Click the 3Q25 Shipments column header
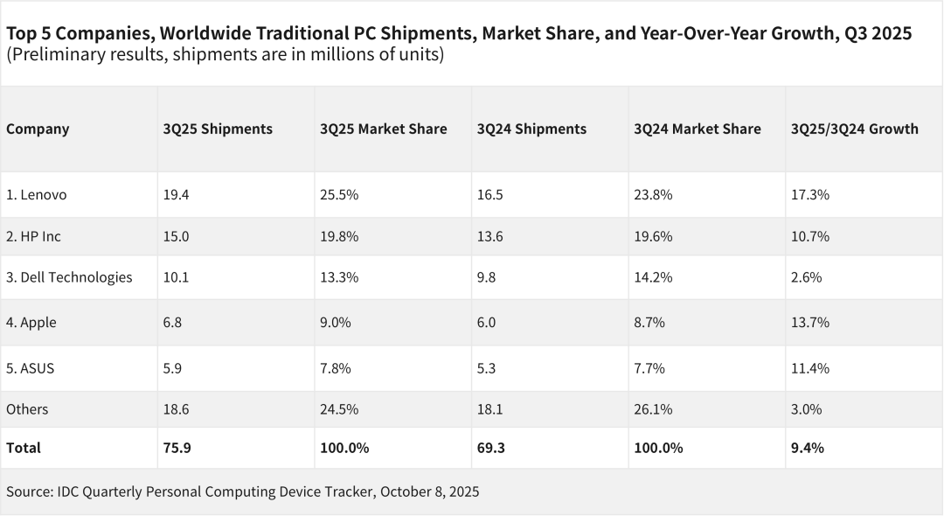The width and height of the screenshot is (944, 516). (218, 129)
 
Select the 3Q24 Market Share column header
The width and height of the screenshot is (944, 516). (697, 129)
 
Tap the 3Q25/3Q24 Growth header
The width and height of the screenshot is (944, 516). (854, 129)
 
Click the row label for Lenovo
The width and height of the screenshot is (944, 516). (37, 195)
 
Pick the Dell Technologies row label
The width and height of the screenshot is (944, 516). (69, 277)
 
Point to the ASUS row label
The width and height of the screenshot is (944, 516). (31, 368)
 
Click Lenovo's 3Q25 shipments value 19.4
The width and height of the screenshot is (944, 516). (176, 195)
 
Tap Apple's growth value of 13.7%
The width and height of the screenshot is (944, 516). (809, 323)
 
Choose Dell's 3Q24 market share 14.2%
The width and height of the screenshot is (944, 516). (652, 277)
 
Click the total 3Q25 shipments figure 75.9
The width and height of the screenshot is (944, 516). (177, 448)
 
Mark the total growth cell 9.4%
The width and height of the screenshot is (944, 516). (807, 448)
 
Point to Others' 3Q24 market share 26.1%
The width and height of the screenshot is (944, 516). (652, 409)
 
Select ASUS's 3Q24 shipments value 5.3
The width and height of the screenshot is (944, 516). (486, 368)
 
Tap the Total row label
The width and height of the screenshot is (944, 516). (24, 448)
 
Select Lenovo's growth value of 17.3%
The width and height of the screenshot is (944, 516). (809, 195)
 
